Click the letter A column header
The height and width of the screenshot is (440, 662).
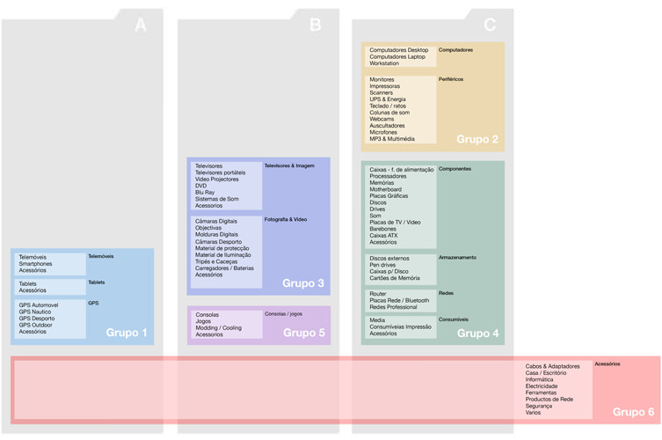coord(141,26)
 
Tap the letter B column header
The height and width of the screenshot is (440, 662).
coord(316,26)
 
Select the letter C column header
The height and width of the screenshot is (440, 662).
coord(490,26)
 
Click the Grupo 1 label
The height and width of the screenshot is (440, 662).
coord(127,333)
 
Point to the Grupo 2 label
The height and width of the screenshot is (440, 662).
coord(477,139)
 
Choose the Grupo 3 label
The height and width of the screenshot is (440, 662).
coord(303,283)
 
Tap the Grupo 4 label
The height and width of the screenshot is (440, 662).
coord(477,333)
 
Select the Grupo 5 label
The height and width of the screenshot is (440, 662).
coord(303,333)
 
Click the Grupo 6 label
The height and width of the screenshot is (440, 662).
coord(633,412)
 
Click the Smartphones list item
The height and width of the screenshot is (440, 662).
coord(35,264)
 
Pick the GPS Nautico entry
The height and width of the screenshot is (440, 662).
coord(36,312)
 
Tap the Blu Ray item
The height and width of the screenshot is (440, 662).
coord(205,192)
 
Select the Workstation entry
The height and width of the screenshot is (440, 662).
coord(384,63)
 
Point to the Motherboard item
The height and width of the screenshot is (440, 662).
coord(385,189)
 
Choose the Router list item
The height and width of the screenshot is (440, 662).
coord(378,294)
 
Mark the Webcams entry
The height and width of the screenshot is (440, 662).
coord(382,119)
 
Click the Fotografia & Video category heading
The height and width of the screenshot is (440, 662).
coord(286,219)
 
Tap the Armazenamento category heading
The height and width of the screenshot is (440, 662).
coord(457,258)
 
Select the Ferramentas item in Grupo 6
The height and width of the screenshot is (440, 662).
coord(541,392)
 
